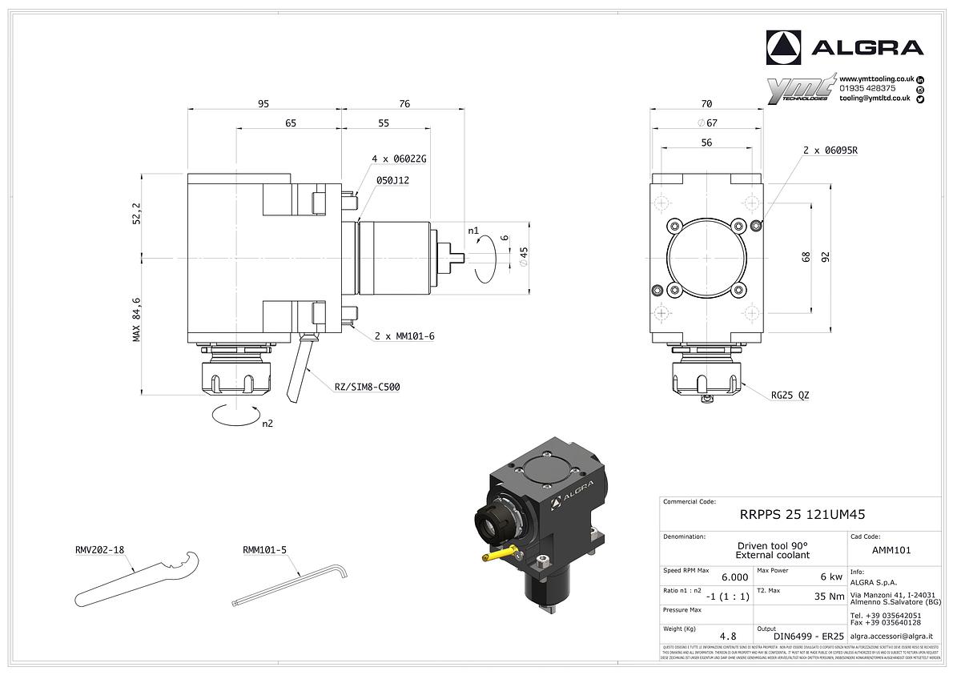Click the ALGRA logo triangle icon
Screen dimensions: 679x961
(783, 48)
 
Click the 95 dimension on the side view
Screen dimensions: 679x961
(263, 103)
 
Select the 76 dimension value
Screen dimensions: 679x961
(404, 103)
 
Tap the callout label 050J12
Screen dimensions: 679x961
(392, 180)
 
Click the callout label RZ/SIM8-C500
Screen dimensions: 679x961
(367, 387)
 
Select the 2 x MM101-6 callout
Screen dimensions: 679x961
(404, 336)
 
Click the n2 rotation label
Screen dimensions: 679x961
(267, 424)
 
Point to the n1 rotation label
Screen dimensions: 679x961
(472, 231)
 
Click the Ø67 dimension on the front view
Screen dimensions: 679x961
(706, 123)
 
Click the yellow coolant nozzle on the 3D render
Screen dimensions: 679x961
(498, 552)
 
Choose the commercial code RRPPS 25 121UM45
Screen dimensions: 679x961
(801, 515)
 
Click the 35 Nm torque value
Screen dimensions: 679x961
(829, 597)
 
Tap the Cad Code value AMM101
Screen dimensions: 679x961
(891, 551)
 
